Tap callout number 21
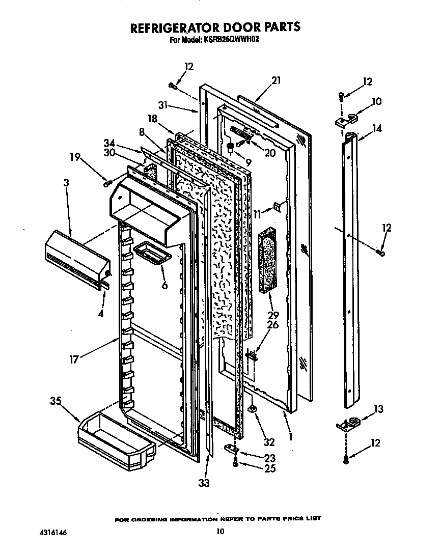276,80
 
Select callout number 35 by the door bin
56,401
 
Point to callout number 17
74,359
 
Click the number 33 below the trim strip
203,483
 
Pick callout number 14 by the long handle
377,129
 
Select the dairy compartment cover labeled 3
76,259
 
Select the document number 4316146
53,533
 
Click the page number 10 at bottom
220,532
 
